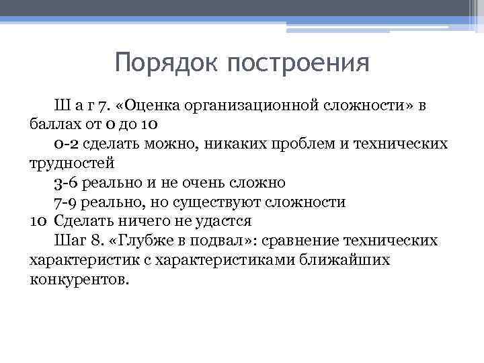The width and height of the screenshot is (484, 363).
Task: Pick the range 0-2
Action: click(x=66, y=143)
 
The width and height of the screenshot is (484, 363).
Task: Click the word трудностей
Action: click(x=72, y=163)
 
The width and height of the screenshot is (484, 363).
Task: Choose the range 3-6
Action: click(x=66, y=182)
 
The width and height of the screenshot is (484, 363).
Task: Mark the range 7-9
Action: click(x=66, y=202)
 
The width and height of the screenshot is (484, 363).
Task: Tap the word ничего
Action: click(x=136, y=221)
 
